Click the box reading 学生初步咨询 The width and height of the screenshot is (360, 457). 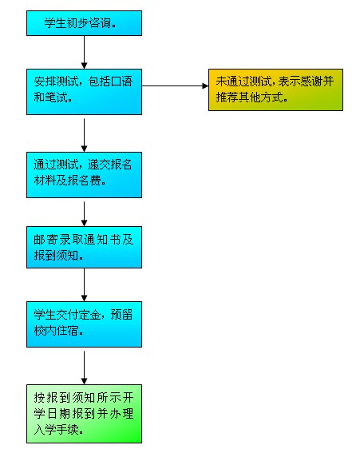click(84, 23)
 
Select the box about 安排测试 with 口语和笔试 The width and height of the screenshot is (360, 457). click(84, 92)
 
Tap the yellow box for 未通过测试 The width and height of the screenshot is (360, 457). click(275, 89)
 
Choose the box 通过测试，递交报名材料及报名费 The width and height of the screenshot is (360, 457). click(84, 175)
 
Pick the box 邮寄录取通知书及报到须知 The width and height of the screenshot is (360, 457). click(84, 247)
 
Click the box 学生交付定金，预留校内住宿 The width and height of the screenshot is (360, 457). click(84, 324)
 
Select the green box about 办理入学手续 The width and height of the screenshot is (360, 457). click(84, 414)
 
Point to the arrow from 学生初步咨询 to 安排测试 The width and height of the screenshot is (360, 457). click(84, 53)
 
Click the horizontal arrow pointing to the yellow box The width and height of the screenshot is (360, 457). click(175, 85)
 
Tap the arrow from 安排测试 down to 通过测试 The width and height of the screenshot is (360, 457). click(84, 135)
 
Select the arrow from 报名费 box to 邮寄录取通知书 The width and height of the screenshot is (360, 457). click(84, 214)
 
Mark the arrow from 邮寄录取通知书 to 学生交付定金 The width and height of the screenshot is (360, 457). click(84, 284)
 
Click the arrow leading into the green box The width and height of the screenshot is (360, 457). click(84, 368)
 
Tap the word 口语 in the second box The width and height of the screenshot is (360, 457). click(121, 81)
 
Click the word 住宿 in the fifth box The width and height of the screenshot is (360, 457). click(68, 331)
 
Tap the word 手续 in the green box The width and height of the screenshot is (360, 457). click(68, 430)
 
